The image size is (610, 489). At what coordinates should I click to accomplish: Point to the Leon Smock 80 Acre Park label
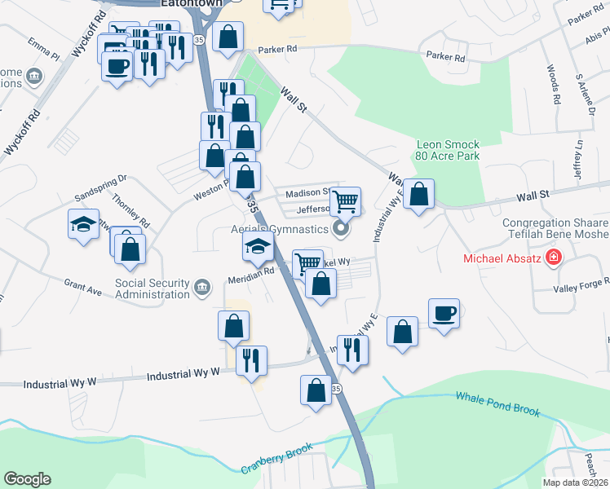point(447,149)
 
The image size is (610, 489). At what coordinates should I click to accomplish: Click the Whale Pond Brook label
point(497,404)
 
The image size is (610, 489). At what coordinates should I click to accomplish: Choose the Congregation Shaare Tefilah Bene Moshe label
point(555,230)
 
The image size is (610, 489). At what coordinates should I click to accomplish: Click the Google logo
point(27,478)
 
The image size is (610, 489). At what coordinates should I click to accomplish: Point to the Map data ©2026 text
point(575,482)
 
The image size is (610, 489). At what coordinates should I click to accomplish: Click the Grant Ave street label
point(82,286)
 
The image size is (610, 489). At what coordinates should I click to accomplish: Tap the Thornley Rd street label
point(132,211)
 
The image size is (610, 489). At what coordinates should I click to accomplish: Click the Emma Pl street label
point(43,49)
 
